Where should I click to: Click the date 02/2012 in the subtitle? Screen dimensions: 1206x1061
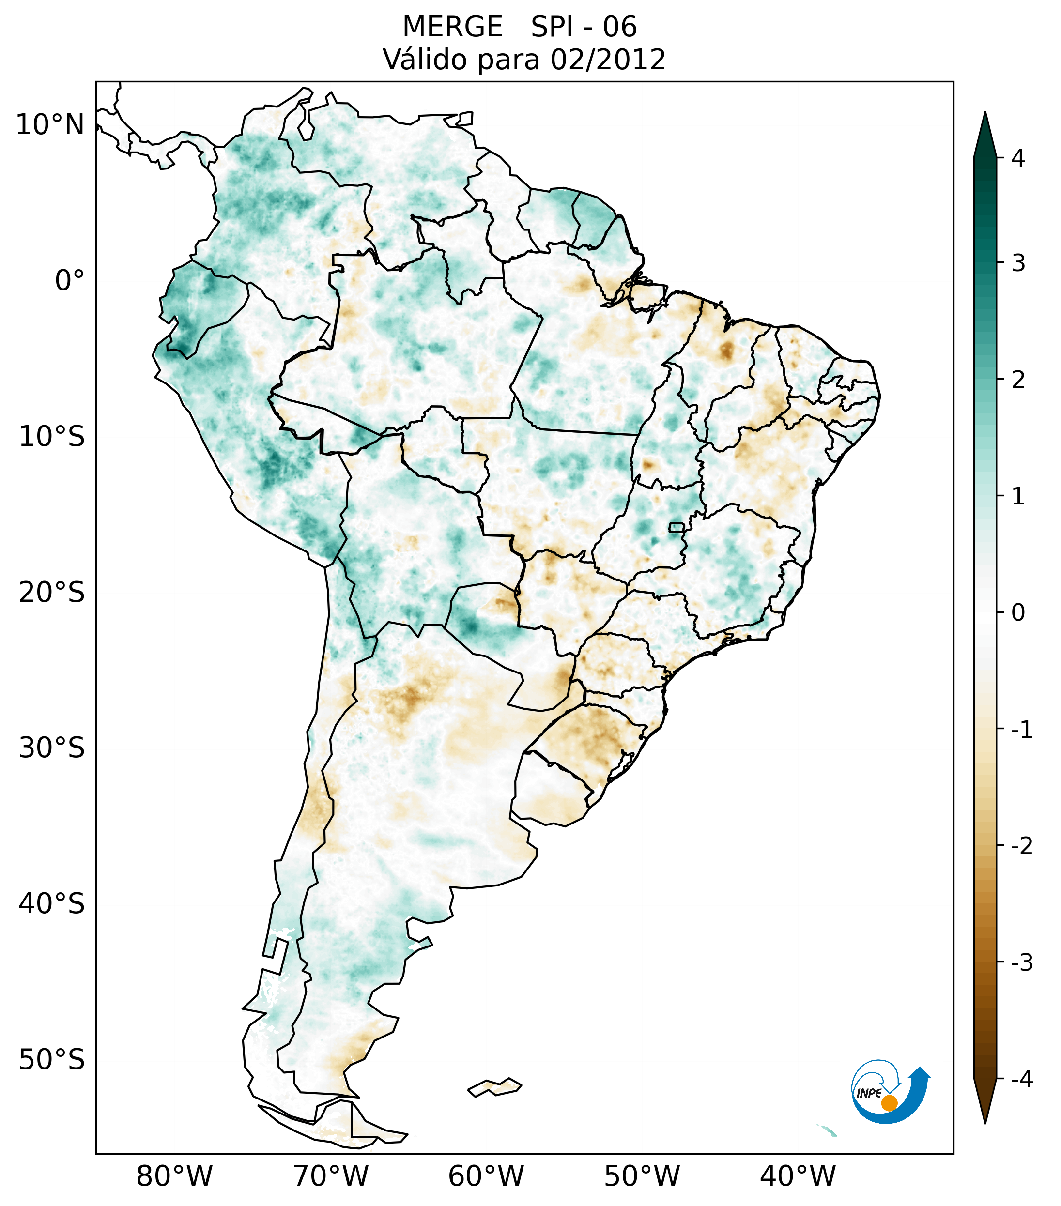click(608, 60)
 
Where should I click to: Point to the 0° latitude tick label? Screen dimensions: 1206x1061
click(70, 281)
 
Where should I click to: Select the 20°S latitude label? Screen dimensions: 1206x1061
click(52, 593)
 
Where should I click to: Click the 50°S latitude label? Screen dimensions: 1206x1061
click(52, 1060)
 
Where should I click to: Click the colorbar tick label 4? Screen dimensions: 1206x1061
click(1018, 158)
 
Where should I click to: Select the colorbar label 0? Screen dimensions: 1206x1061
click(1018, 613)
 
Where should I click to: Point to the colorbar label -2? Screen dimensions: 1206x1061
click(1021, 847)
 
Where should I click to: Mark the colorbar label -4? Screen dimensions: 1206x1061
click(1021, 1080)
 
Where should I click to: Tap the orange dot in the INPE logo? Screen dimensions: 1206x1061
click(889, 1103)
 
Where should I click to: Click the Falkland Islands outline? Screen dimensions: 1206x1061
click(494, 1087)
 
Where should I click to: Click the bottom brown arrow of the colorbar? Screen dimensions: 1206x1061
click(985, 1102)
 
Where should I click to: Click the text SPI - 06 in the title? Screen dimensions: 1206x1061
click(584, 27)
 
